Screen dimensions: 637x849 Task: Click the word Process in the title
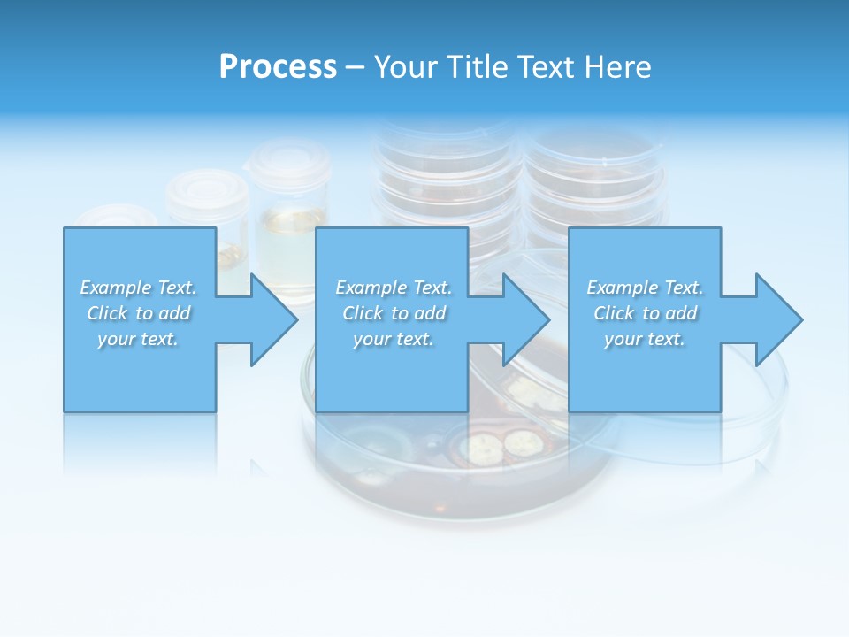(278, 67)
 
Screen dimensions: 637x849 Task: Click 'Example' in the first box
(115, 288)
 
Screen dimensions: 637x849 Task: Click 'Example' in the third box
(622, 288)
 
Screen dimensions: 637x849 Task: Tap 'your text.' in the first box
(138, 339)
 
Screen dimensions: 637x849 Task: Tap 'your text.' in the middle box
(393, 339)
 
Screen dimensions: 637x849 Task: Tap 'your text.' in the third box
(645, 339)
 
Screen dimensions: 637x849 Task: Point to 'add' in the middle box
(430, 313)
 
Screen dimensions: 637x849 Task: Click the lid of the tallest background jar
(289, 160)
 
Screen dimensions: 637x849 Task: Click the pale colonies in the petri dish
(501, 445)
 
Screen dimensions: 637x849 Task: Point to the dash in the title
(356, 67)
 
